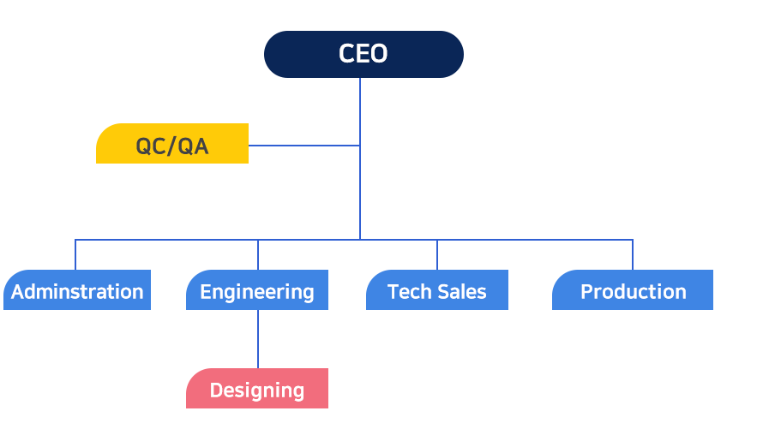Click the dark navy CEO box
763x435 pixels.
click(363, 54)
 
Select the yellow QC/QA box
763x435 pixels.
click(171, 144)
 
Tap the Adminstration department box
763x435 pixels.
click(77, 290)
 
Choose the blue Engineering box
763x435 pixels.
click(256, 290)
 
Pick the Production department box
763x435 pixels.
click(633, 290)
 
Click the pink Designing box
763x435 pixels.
click(256, 389)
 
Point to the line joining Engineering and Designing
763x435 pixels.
click(258, 339)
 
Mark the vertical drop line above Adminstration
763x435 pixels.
click(75, 254)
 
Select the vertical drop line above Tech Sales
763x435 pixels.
click(437, 254)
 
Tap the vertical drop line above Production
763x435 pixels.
click(633, 254)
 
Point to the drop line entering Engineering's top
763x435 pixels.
click(258, 255)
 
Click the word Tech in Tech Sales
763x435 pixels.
click(406, 292)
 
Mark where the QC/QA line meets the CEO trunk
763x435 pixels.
click(360, 145)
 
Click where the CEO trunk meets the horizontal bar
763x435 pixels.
click(360, 239)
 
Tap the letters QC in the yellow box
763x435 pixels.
click(151, 146)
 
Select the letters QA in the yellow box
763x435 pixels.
click(194, 146)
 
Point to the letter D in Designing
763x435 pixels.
click(215, 390)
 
